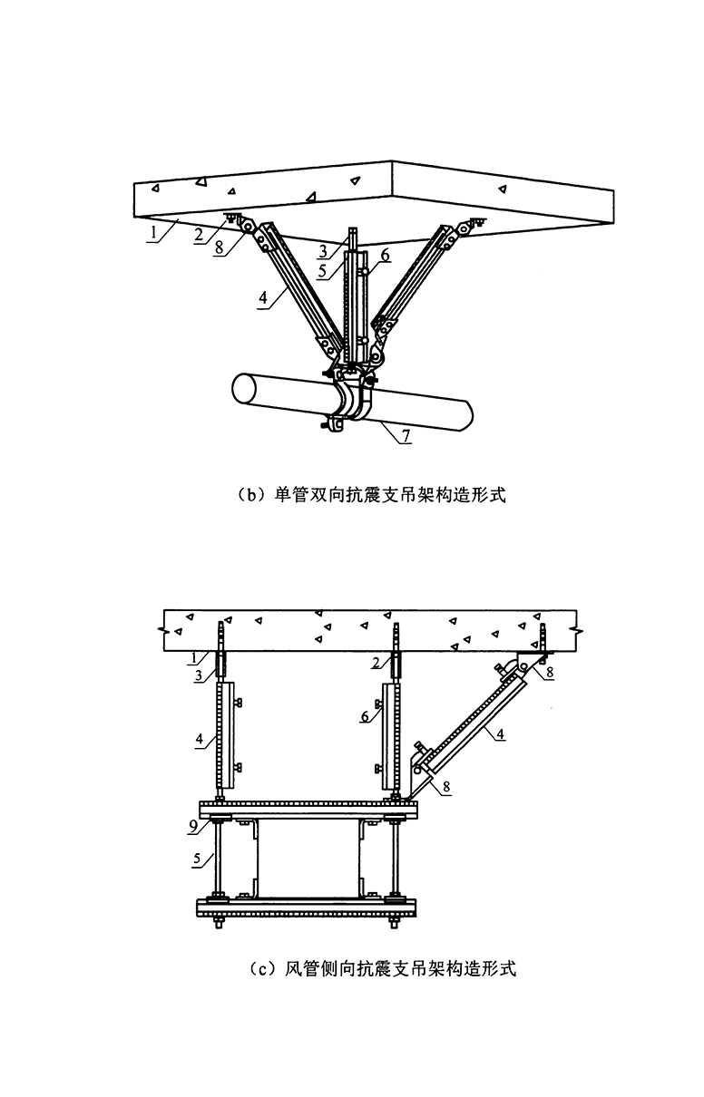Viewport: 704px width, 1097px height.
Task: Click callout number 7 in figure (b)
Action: [406, 435]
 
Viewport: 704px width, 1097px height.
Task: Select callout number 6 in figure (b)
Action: [385, 255]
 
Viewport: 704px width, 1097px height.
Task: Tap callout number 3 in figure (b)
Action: [323, 251]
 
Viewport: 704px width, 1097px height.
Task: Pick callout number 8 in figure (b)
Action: [220, 248]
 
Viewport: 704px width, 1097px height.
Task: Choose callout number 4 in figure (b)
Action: [264, 297]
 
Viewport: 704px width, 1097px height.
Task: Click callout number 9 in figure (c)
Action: [193, 827]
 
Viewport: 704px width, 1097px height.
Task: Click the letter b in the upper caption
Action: [251, 496]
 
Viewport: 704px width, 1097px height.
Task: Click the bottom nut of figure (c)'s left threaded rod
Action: [216, 925]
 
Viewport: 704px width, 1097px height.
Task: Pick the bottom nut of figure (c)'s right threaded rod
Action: [393, 925]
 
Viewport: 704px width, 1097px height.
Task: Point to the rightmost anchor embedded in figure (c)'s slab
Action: [543, 638]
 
